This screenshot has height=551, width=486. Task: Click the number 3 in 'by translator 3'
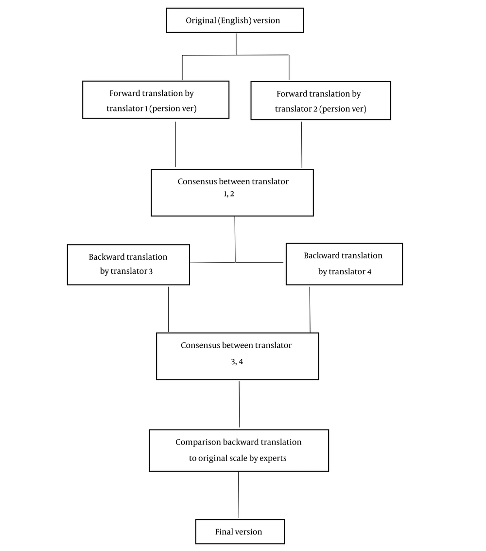click(151, 271)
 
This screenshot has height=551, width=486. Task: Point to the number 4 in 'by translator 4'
click(369, 272)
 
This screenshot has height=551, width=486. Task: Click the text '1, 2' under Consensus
click(229, 194)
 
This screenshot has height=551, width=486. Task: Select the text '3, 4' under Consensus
click(237, 362)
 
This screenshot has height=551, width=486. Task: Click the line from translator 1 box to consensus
click(175, 144)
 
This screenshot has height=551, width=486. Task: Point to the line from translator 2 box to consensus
click(302, 145)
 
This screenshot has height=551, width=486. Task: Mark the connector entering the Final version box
click(239, 495)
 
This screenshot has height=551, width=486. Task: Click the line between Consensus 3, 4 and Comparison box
click(240, 404)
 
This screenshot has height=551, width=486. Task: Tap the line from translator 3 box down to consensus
click(169, 309)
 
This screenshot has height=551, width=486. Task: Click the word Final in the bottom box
click(223, 532)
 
